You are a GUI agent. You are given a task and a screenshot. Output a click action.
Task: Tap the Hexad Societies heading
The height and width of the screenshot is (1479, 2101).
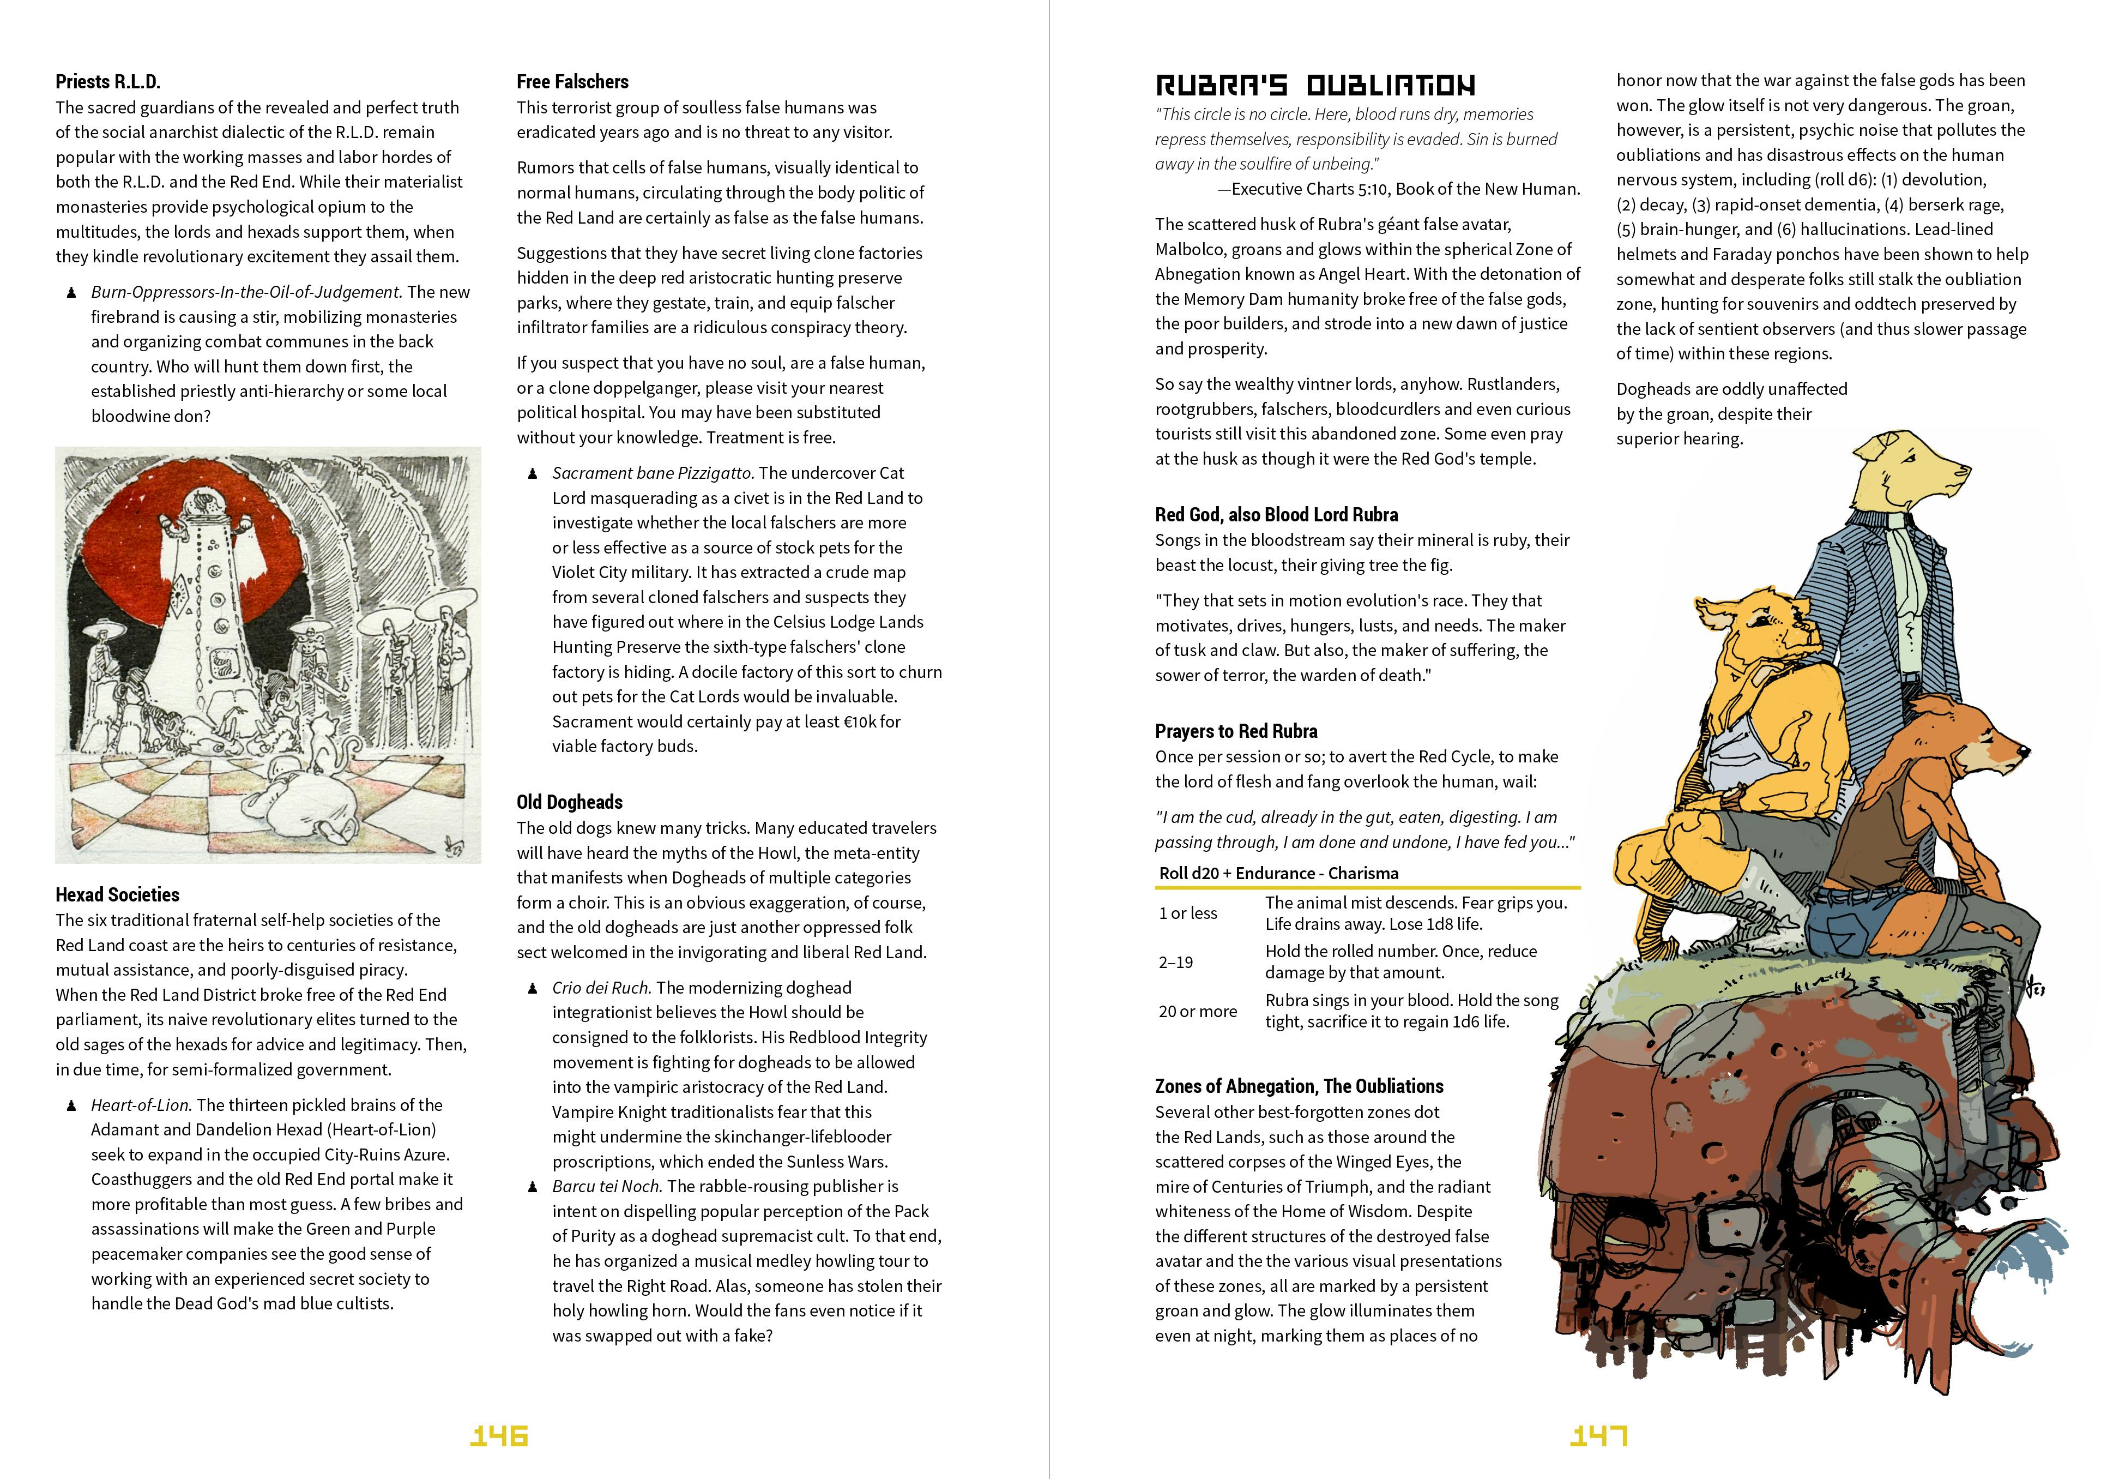pos(117,895)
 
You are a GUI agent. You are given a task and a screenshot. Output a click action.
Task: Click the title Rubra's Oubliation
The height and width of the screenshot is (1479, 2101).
pos(1315,86)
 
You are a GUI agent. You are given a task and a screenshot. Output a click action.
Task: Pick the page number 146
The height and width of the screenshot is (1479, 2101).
pos(499,1435)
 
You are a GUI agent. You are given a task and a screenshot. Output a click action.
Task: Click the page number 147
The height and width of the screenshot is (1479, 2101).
pos(1598,1435)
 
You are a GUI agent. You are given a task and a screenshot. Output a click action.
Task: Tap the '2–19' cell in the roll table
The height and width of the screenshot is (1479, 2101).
pos(1176,962)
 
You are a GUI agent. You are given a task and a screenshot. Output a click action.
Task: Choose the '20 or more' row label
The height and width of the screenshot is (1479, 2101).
pos(1198,1011)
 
